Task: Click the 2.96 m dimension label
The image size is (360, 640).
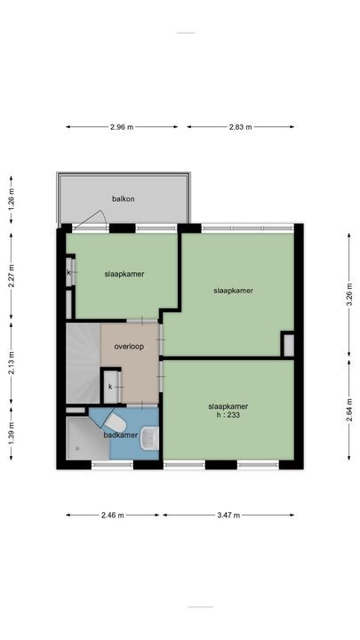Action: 123,127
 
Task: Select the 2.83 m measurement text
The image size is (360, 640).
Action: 240,127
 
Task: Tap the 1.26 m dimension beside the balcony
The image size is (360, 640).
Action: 12,196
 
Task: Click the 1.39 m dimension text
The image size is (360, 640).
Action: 12,432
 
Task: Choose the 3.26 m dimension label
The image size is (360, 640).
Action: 349,292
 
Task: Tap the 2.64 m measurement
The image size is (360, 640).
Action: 349,414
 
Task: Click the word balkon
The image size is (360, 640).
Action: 123,199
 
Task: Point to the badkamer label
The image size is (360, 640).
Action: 120,436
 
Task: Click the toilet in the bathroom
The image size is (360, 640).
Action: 114,420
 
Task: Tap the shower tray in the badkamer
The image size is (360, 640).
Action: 86,440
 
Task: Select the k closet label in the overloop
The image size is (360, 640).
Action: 110,387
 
